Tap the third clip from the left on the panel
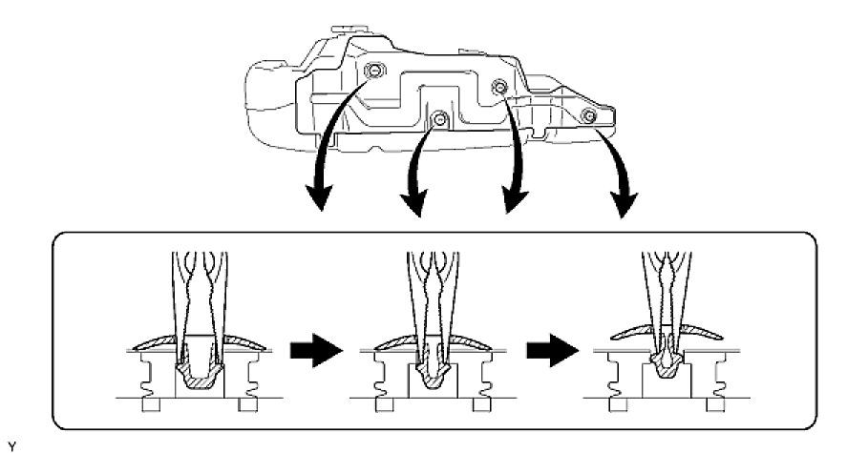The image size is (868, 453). (x=498, y=88)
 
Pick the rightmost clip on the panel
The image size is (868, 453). (x=589, y=115)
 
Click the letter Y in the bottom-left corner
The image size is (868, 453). (x=9, y=443)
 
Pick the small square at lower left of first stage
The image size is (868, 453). (x=149, y=405)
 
